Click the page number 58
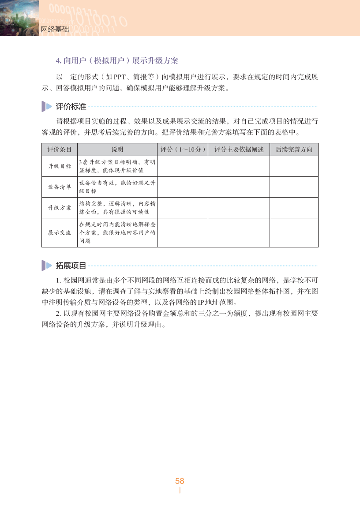pos(180,481)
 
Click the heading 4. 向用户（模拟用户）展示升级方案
pos(116,60)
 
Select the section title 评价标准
pos(71,106)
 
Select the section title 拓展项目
pos(71,266)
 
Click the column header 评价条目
pos(60,150)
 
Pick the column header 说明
pos(117,150)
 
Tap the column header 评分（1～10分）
pos(183,150)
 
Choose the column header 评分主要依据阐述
pos(239,150)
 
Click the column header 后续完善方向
pos(294,150)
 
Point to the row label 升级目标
pos(60,166)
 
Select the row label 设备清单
pos(60,187)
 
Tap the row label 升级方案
pos(60,208)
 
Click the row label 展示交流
pos(60,232)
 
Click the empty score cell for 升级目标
pos(183,166)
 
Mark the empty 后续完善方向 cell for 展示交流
pos(294,232)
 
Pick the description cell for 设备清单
pos(117,187)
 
